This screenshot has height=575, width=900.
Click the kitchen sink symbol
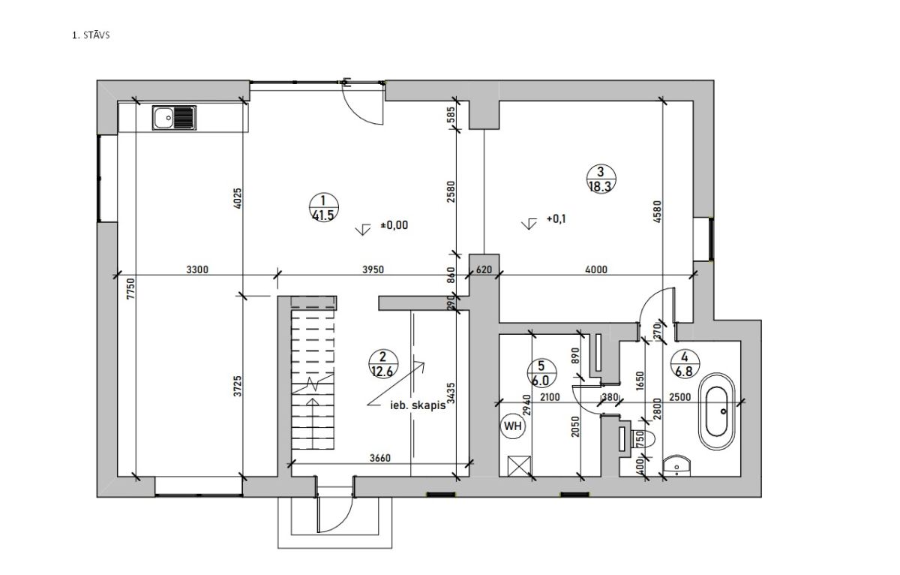coord(174,118)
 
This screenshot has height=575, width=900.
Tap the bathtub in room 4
coord(717,411)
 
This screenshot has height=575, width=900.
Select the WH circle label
coord(512,426)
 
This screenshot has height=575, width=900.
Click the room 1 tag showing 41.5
coord(323,207)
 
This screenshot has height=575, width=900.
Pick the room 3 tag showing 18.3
coord(601,179)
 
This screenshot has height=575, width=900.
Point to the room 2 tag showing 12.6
coord(382,364)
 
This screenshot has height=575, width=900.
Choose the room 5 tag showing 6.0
coord(541,373)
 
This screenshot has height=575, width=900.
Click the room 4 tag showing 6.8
coord(684,364)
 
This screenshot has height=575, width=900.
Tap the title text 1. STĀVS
coord(91,35)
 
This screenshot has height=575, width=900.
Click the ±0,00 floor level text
coord(394,224)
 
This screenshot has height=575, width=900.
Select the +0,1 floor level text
coord(556,219)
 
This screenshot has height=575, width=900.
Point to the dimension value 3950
coord(373,269)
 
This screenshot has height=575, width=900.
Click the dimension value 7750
coord(131,288)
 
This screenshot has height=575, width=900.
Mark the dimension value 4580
coord(657,212)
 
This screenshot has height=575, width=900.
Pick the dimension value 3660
coord(379,458)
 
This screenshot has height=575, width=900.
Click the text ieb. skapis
coord(418,405)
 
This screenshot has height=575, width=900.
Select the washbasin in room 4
coord(677,465)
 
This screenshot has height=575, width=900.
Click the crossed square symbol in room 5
coord(519,466)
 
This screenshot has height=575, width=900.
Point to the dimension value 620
coord(484,269)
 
